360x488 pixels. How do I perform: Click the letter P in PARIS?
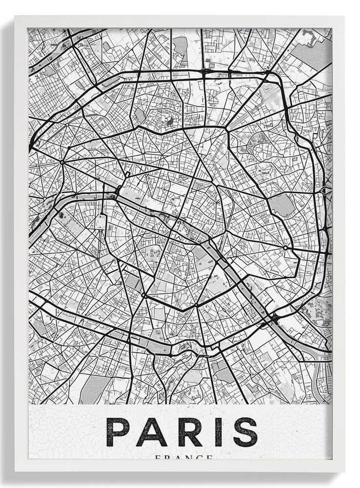tap(118, 431)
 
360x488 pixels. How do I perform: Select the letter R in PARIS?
tap(188, 431)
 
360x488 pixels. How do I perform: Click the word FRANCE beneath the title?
tap(184, 458)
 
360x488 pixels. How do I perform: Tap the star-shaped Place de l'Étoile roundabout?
tap(63, 162)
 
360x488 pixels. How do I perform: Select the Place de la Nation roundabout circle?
tap(285, 248)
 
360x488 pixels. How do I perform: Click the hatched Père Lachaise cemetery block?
tap(282, 205)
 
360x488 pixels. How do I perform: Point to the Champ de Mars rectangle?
tap(100, 222)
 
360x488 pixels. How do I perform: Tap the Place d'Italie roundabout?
tap(196, 305)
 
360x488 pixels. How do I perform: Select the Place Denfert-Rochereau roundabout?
tap(144, 296)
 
